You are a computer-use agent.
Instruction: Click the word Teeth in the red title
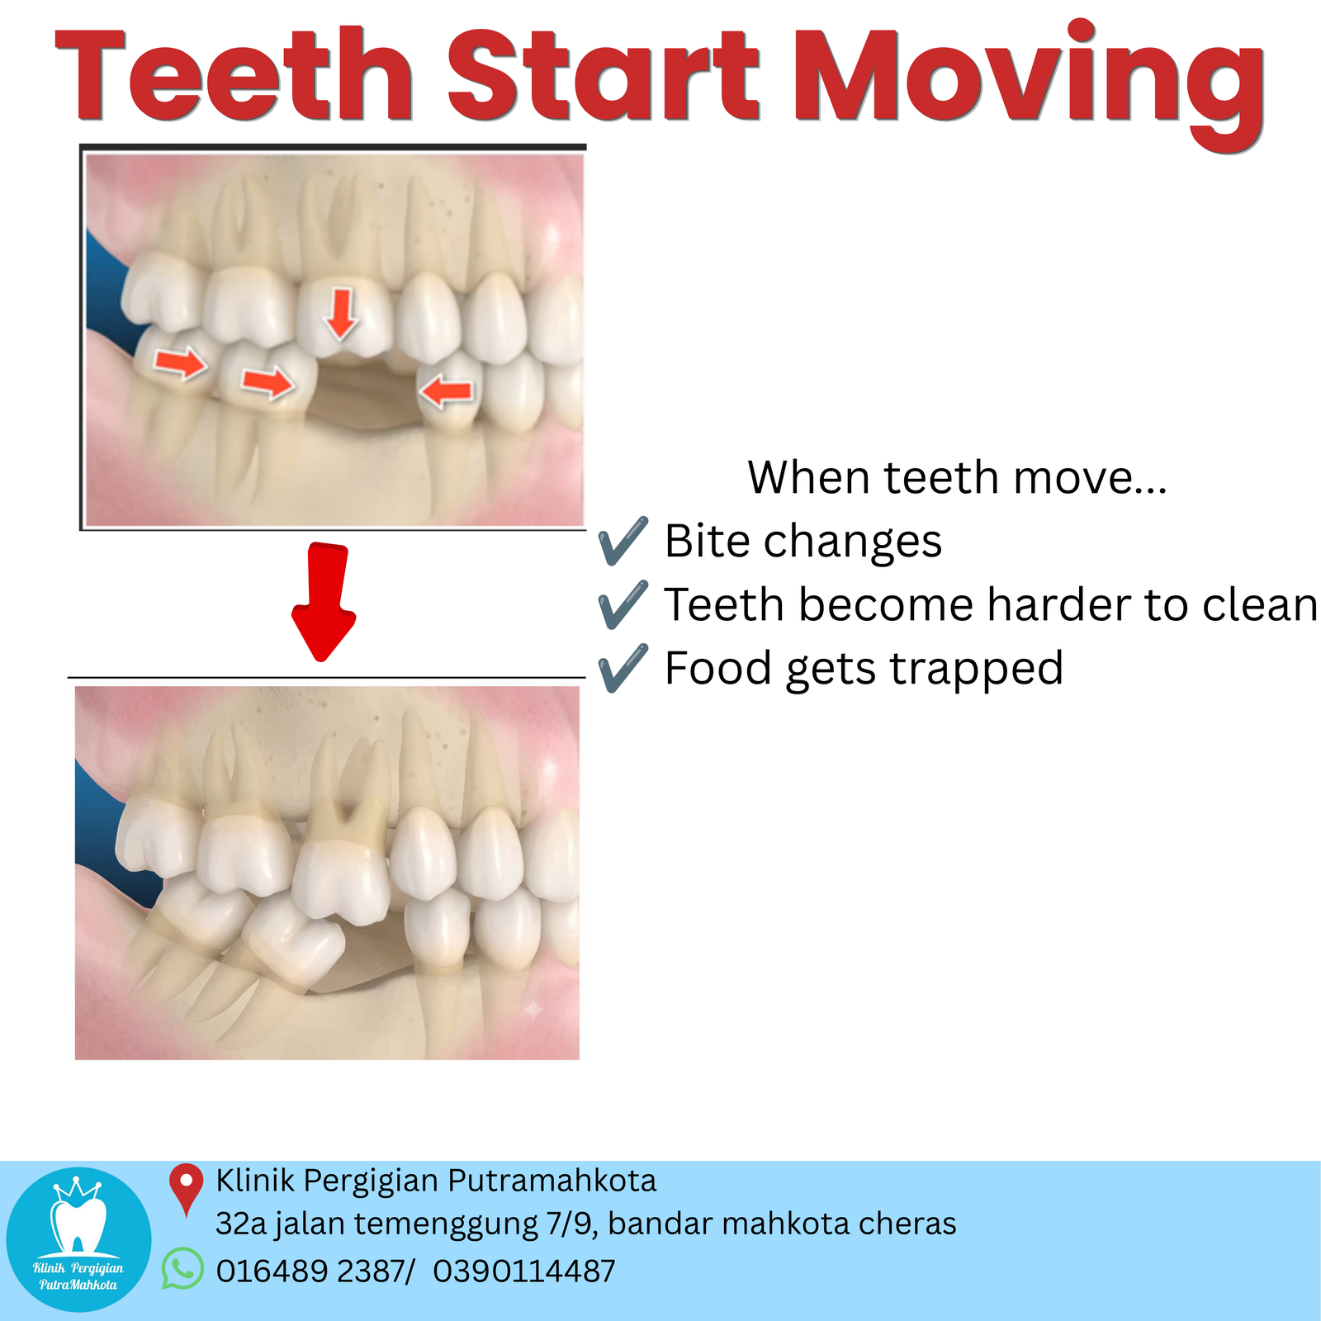pos(234,76)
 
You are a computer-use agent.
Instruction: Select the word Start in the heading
pos(604,76)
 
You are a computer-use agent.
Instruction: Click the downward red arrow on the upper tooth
pos(340,314)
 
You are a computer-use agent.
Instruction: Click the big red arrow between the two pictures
pos(324,602)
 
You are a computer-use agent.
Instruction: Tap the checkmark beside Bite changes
pos(623,542)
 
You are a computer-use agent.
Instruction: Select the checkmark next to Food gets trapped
pos(623,668)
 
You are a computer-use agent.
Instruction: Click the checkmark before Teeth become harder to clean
pos(623,604)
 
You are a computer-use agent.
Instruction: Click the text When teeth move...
pos(958,477)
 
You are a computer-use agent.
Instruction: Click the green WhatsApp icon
pos(182,1268)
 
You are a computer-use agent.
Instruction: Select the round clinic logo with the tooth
pos(79,1240)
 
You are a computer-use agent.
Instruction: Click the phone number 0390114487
pos(524,1271)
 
